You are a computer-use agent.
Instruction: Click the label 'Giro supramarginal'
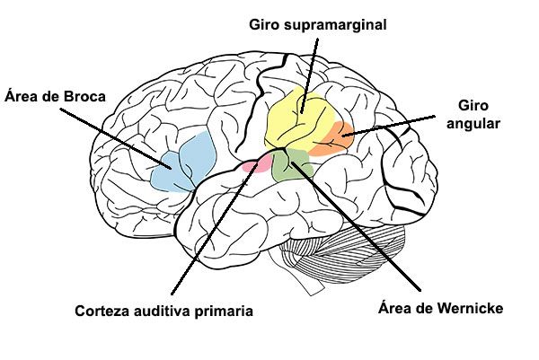pyautogui.click(x=317, y=24)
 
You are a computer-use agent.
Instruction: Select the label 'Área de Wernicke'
pyautogui.click(x=437, y=309)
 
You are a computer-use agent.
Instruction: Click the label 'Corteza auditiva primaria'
pyautogui.click(x=163, y=312)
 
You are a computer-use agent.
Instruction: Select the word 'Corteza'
pyautogui.click(x=102, y=312)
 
